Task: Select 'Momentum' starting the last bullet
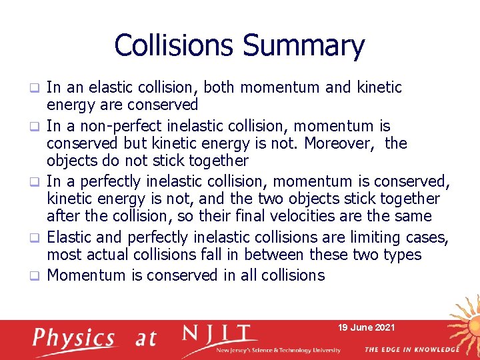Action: (x=87, y=275)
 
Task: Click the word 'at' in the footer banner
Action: (x=145, y=339)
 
